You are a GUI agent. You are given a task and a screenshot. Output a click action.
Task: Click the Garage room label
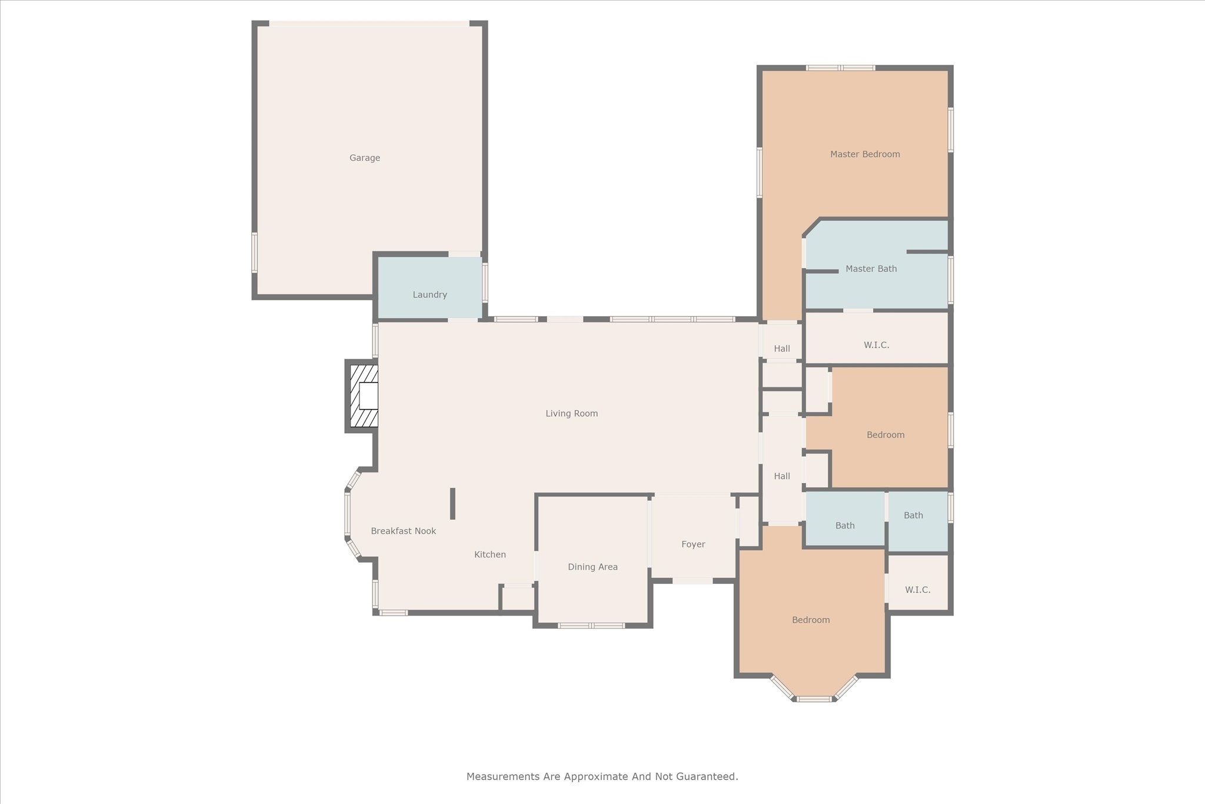pos(365,158)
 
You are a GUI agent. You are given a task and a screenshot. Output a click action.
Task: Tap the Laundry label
pos(430,295)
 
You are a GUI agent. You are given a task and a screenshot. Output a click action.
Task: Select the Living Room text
pos(571,414)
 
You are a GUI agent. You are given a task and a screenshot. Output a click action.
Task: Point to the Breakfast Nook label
pos(403,531)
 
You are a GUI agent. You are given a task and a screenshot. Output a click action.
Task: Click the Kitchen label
pos(490,554)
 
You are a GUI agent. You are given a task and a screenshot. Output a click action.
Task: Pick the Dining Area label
pos(592,567)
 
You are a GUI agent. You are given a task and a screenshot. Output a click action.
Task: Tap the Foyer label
pos(693,544)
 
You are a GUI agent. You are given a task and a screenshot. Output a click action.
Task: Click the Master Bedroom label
pos(865,154)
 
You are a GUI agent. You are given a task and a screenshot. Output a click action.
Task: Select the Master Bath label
pos(871,269)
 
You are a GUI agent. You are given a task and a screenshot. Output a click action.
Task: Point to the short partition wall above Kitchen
pos(452,504)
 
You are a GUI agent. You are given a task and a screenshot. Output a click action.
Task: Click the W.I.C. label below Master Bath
pos(876,345)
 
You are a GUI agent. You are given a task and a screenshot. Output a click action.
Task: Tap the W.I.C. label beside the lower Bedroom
pos(917,590)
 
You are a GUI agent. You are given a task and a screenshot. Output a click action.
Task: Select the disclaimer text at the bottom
pos(602,776)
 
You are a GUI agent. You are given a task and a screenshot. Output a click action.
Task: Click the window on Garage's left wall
pos(255,253)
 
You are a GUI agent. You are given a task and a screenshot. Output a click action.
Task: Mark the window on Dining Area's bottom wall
pos(591,625)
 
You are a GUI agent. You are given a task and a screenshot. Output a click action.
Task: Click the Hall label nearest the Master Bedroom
pos(782,348)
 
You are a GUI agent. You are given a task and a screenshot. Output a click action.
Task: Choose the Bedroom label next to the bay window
pos(811,620)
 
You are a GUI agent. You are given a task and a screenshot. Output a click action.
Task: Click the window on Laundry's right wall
pos(485,283)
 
